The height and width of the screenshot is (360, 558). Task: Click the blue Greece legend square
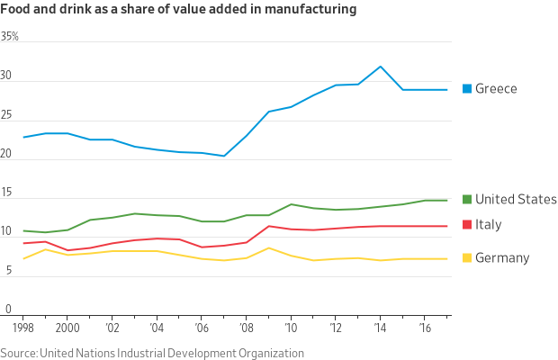pos(467,88)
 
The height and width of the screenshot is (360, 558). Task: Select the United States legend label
pos(516,199)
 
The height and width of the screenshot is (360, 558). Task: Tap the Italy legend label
pos(488,224)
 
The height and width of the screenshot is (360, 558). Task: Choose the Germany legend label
pos(502,258)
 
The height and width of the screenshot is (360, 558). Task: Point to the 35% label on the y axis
pos(10,37)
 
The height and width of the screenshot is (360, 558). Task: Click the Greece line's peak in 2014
pos(381,67)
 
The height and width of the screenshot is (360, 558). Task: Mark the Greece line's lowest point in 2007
pos(224,156)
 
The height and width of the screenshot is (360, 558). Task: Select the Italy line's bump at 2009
pos(269,226)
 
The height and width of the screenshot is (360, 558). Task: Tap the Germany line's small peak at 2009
pos(269,247)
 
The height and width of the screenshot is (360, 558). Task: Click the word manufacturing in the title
pos(304,10)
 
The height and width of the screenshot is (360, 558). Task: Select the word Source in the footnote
pos(18,353)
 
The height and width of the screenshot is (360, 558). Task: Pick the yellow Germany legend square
pos(467,258)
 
